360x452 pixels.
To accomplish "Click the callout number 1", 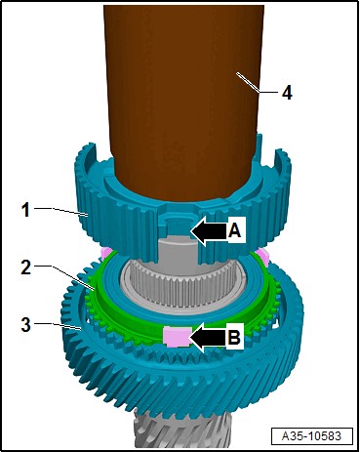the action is (25, 209).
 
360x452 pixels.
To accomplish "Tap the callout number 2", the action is (26, 267).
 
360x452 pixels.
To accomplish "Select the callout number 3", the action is (26, 324).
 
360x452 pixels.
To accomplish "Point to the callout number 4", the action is (287, 93).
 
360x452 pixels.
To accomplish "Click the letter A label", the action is (234, 231).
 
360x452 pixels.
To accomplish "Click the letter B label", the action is (234, 337).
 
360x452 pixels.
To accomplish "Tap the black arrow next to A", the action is (209, 231).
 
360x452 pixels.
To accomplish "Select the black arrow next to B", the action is (208, 338).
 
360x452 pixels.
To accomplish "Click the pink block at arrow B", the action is (177, 337).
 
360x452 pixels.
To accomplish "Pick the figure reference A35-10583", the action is (312, 435).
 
